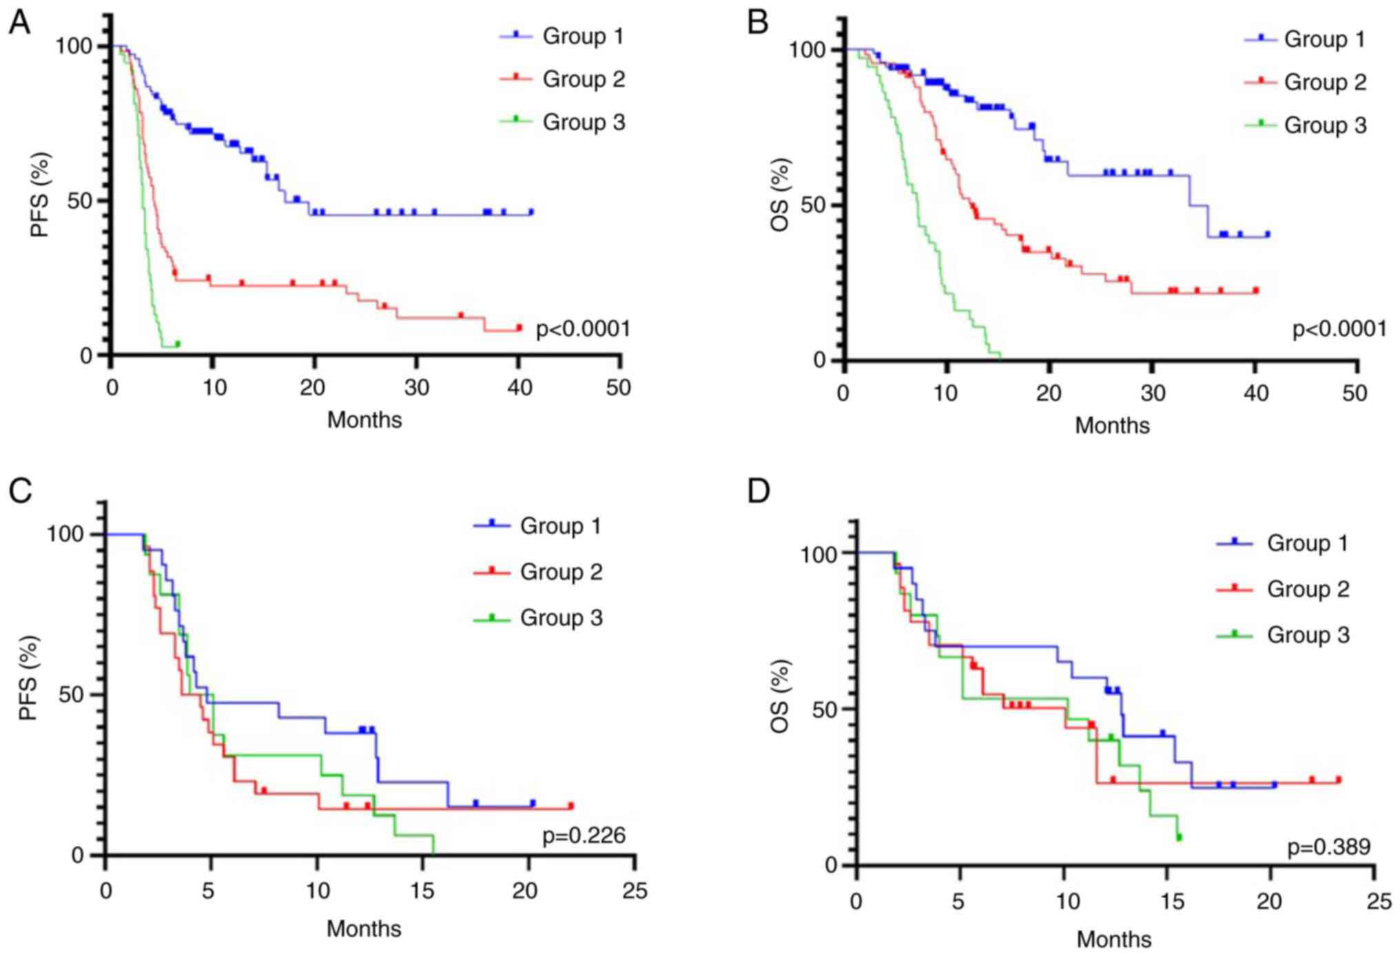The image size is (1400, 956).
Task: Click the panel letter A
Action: point(19,23)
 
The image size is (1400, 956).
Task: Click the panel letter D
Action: point(759,492)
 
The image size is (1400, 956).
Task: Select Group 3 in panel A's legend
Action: point(584,123)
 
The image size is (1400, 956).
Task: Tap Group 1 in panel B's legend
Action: point(1324,39)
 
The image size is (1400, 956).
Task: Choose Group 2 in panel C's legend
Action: point(561,572)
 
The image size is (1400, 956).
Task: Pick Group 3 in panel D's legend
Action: point(1308,634)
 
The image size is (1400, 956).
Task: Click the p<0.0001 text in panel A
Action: point(583,329)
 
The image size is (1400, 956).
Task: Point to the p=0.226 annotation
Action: point(584,835)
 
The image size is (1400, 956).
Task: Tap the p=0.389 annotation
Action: point(1329,846)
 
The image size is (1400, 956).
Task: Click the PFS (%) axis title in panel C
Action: point(28,678)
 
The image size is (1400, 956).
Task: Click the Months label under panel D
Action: point(1113,939)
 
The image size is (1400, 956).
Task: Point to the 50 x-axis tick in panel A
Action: point(619,388)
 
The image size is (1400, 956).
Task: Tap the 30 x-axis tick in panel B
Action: point(1152,393)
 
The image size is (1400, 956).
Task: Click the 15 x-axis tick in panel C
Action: point(422,891)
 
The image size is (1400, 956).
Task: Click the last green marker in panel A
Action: point(178,343)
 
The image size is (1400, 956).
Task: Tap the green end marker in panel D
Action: point(1179,838)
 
